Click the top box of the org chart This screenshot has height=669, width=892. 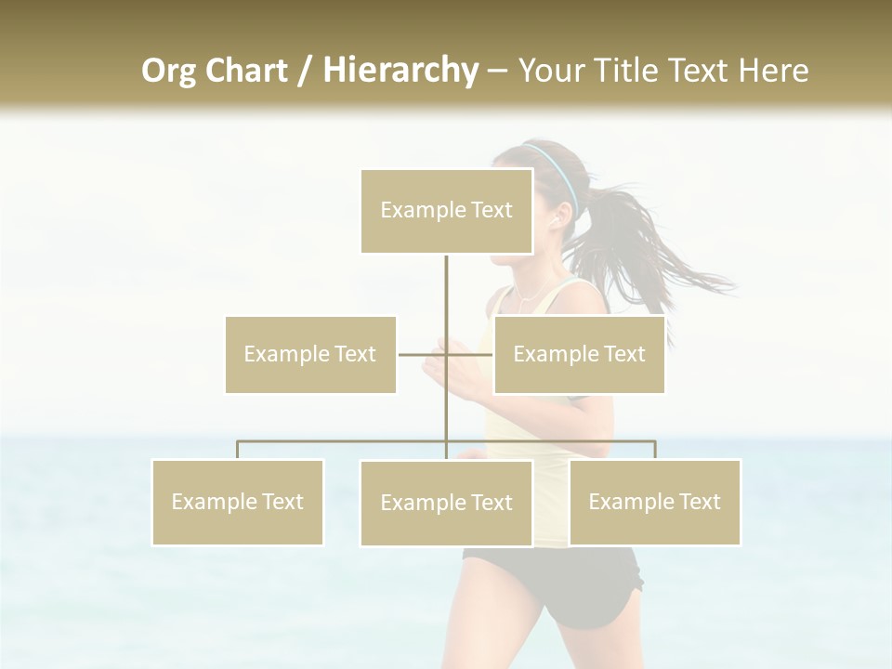(446, 211)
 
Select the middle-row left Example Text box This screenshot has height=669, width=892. (310, 354)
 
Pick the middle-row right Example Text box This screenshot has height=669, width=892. (579, 354)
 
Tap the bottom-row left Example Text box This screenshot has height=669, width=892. (237, 502)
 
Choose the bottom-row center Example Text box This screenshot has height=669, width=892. (446, 503)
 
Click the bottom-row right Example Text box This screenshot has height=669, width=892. (654, 502)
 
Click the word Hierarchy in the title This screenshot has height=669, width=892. (400, 71)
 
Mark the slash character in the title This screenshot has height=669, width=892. (304, 71)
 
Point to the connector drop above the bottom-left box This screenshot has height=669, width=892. (237, 450)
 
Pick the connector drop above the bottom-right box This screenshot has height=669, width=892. (654, 450)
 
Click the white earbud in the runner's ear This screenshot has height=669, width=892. (557, 219)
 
